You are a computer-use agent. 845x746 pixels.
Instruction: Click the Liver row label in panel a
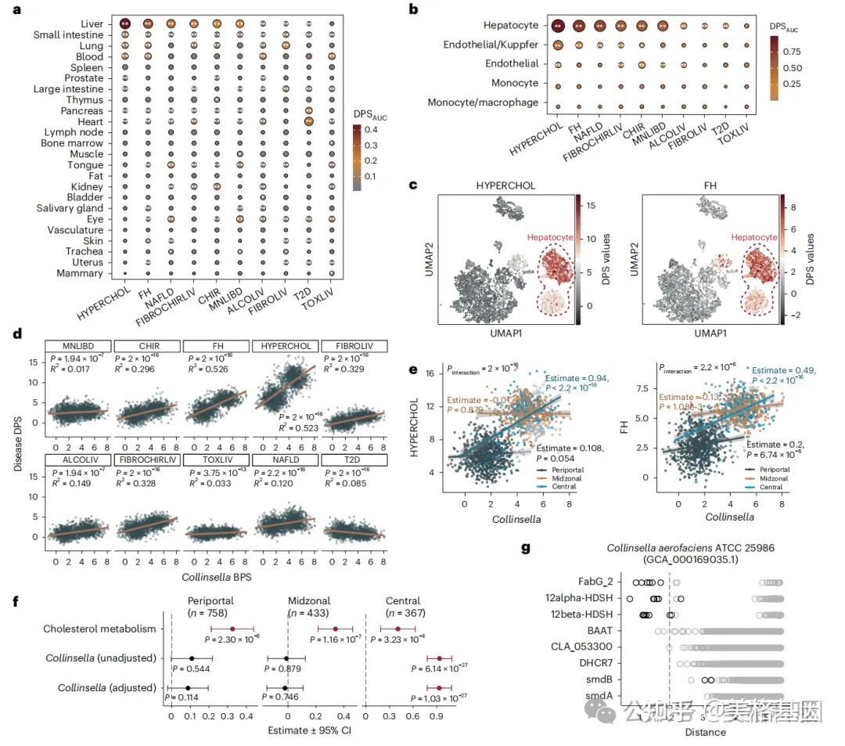pyautogui.click(x=91, y=24)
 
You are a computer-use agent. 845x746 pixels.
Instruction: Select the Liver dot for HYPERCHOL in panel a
pyautogui.click(x=125, y=24)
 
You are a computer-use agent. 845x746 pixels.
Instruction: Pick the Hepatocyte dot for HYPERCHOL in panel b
pyautogui.click(x=557, y=26)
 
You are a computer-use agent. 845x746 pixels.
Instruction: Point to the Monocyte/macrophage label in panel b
pyautogui.click(x=483, y=102)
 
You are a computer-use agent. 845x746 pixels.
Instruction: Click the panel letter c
pyautogui.click(x=412, y=186)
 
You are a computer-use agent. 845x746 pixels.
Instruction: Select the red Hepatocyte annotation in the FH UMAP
pyautogui.click(x=754, y=237)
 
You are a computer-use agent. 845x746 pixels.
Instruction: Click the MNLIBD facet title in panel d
pyautogui.click(x=77, y=346)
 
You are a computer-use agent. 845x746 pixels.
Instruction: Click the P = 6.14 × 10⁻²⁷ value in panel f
pyautogui.click(x=442, y=670)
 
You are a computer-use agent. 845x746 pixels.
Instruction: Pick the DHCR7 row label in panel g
pyautogui.click(x=599, y=662)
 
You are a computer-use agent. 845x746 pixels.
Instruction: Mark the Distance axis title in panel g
pyautogui.click(x=705, y=732)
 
